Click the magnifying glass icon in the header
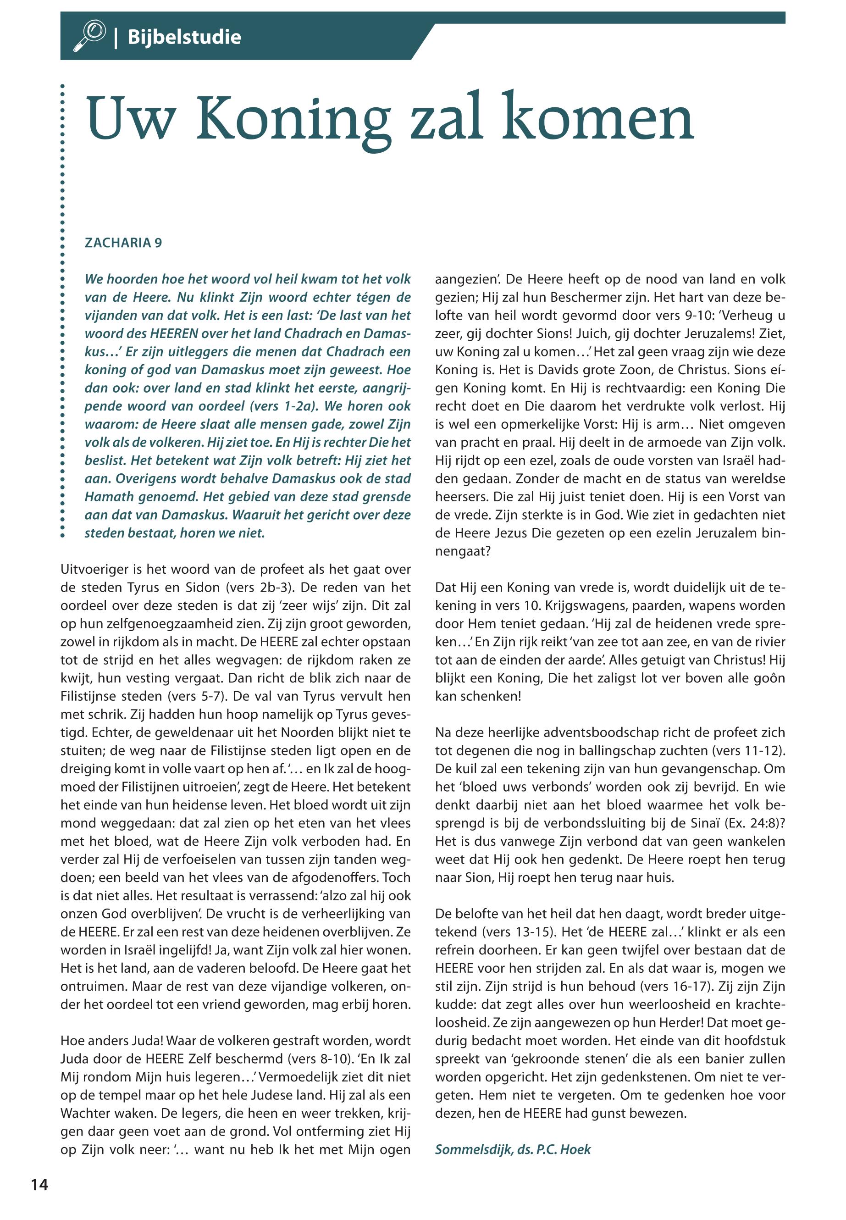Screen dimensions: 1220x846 pos(91,36)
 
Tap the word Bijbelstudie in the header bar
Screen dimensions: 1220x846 pos(184,37)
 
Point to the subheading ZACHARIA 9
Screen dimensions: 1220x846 pos(123,243)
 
